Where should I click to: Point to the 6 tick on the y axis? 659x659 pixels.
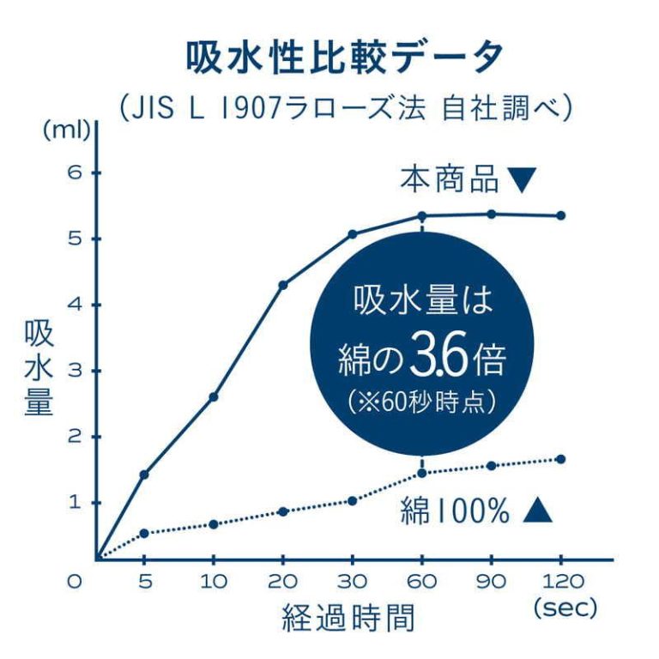coord(74,172)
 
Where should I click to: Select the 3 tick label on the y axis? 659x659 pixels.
coord(74,371)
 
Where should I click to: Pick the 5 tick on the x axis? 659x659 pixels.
coord(145,581)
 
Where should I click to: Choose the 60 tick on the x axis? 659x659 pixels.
coord(422,581)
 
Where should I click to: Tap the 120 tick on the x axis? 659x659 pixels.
coord(559,581)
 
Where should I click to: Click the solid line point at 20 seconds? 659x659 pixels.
coord(283,285)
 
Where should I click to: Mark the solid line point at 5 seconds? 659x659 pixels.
coord(144,475)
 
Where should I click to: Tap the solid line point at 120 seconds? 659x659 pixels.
coord(561,215)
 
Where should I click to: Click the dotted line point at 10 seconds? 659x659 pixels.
coord(214,524)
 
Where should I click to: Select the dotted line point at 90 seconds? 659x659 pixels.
coord(492,466)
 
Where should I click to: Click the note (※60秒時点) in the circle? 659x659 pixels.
coord(422,401)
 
